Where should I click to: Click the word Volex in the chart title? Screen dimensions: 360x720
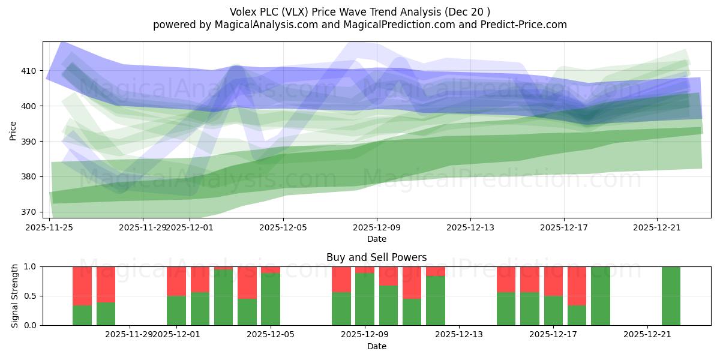pos(242,11)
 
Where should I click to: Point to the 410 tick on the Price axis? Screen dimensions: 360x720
pos(28,71)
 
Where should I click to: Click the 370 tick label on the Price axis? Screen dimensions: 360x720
pos(28,212)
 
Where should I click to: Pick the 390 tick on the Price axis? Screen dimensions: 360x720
pos(28,142)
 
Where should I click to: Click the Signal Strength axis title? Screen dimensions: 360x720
pos(14,296)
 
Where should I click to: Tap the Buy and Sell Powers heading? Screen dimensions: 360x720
pos(376,257)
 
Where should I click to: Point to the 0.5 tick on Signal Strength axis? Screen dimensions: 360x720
pos(31,296)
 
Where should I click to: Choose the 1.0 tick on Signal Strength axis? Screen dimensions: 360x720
pos(31,266)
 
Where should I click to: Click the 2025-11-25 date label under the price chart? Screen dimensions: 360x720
pos(49,227)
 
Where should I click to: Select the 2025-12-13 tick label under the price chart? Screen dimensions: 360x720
pos(470,227)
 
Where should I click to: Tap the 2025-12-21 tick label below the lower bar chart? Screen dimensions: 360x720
pos(647,334)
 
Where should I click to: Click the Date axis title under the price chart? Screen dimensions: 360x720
pos(376,239)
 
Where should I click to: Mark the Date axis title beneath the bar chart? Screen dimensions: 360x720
pos(376,346)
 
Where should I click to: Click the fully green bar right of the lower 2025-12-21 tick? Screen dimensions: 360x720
pos(671,296)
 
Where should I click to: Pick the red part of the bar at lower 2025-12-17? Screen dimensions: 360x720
pos(553,281)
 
